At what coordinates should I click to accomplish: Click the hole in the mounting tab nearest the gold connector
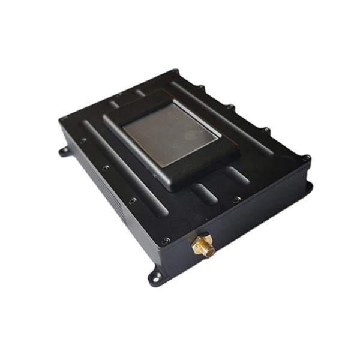coord(156,277)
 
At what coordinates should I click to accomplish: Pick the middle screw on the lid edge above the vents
coord(105,168)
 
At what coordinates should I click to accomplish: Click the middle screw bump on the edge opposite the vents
coord(230,107)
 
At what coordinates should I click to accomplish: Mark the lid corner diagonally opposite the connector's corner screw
coord(178,73)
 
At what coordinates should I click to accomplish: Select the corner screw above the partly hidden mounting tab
coord(307,159)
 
